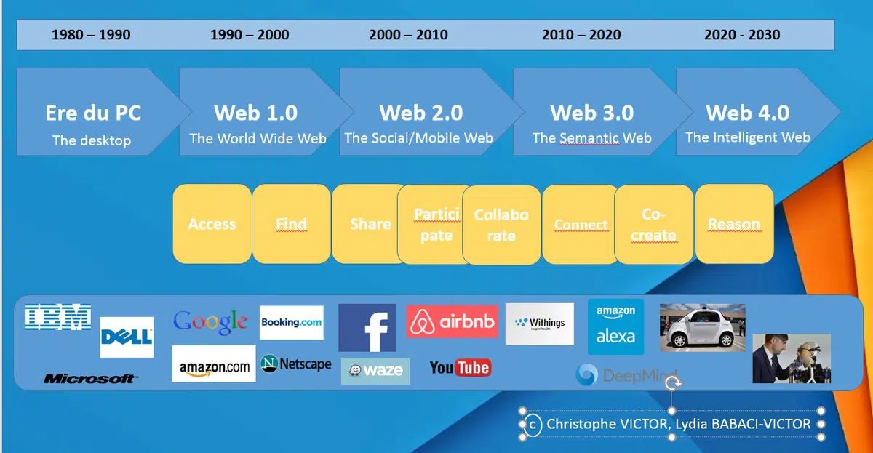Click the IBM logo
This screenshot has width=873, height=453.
58,317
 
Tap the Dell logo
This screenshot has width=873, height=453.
127,337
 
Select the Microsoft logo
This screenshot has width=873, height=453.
90,378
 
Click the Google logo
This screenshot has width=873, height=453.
210,323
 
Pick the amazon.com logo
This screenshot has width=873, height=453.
214,364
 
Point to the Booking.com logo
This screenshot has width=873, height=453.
292,323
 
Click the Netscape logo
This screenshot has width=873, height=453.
296,364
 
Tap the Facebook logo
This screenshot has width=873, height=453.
367,328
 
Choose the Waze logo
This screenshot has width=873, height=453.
375,371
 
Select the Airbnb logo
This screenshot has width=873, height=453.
452,321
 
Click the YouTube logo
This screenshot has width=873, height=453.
461,368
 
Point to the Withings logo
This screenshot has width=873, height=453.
540,324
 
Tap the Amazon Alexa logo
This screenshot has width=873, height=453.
615,326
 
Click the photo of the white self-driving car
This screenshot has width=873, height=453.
702,328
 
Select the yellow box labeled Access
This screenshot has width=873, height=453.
212,224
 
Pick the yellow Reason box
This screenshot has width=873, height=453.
734,224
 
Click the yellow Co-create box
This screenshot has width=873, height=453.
654,225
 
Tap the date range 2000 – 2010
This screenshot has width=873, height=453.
408,35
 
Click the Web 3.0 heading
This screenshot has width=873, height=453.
592,113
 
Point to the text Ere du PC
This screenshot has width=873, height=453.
93,113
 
